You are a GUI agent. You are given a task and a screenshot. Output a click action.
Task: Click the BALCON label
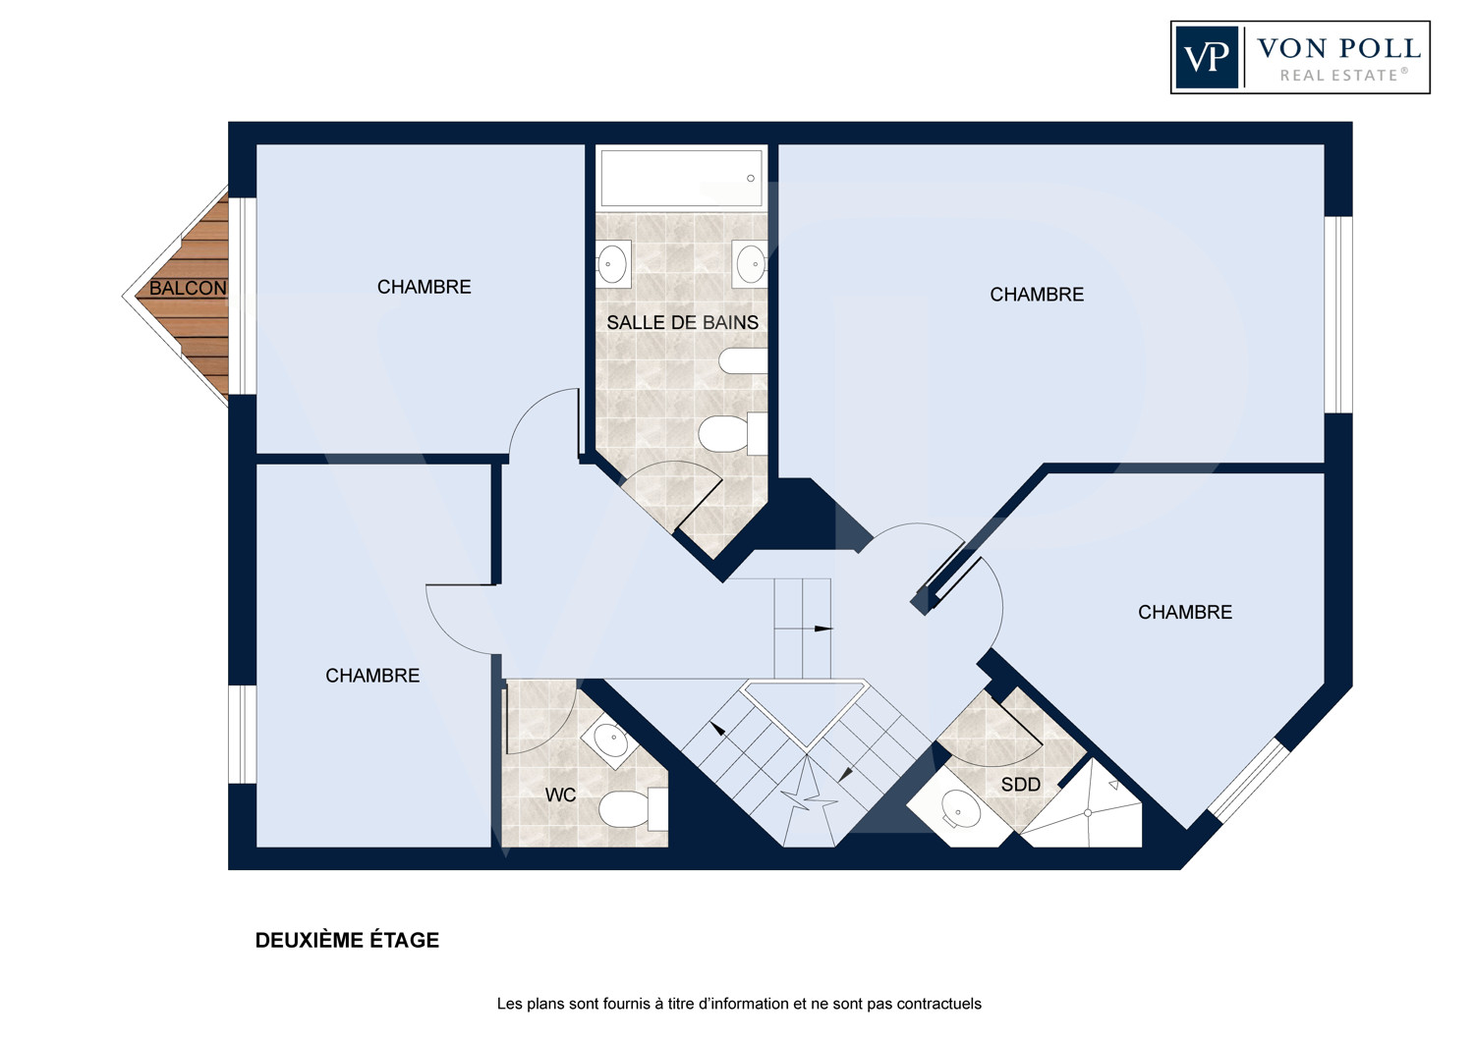tap(188, 288)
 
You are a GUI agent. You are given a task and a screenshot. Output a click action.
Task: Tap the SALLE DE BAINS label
tap(682, 322)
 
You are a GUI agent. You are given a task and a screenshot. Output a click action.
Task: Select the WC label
tap(561, 795)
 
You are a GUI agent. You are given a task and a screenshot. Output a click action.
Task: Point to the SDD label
tap(1021, 785)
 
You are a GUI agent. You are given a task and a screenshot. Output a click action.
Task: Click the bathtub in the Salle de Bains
tap(682, 178)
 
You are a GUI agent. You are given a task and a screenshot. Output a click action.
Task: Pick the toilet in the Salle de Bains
tap(732, 434)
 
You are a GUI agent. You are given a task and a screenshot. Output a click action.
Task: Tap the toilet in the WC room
tap(633, 809)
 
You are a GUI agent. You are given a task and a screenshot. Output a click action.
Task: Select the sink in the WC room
tap(610, 740)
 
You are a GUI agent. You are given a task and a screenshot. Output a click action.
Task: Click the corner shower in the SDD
tap(1084, 806)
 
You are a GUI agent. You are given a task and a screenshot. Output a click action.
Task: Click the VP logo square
tap(1207, 57)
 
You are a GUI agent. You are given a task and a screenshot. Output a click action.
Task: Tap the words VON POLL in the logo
tap(1339, 49)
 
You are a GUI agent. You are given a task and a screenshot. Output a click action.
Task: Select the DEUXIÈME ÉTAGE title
tap(347, 941)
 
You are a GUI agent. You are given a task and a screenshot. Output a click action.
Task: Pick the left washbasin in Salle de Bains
tap(612, 264)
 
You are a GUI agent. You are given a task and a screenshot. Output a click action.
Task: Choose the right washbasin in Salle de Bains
tap(751, 264)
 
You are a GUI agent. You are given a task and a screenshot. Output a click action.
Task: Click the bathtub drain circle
tap(750, 178)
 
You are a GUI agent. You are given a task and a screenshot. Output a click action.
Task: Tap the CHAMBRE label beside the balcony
tap(424, 287)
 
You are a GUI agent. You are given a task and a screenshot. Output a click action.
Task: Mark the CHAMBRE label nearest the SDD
tap(1185, 612)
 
